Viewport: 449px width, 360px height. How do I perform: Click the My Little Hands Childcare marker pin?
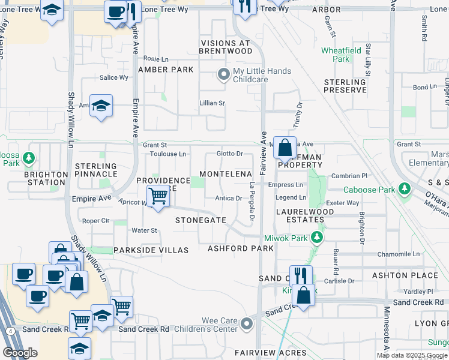[223, 76]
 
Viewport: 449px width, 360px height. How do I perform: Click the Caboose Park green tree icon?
[405, 190]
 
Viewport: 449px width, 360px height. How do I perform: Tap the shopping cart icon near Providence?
[158, 195]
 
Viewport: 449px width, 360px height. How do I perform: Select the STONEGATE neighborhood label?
[200, 220]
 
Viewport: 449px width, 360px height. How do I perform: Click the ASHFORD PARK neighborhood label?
[241, 248]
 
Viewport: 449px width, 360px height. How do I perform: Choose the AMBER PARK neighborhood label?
[166, 70]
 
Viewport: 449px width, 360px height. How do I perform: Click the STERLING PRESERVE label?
[345, 86]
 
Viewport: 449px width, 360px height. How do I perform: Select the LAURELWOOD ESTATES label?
[305, 216]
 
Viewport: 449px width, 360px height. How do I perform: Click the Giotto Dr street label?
[229, 154]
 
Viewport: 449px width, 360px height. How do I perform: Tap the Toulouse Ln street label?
[167, 154]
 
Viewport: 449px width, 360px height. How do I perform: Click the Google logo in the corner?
[20, 353]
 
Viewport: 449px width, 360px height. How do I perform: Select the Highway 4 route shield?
[11, 331]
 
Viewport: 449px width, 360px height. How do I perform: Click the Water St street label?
[144, 230]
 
